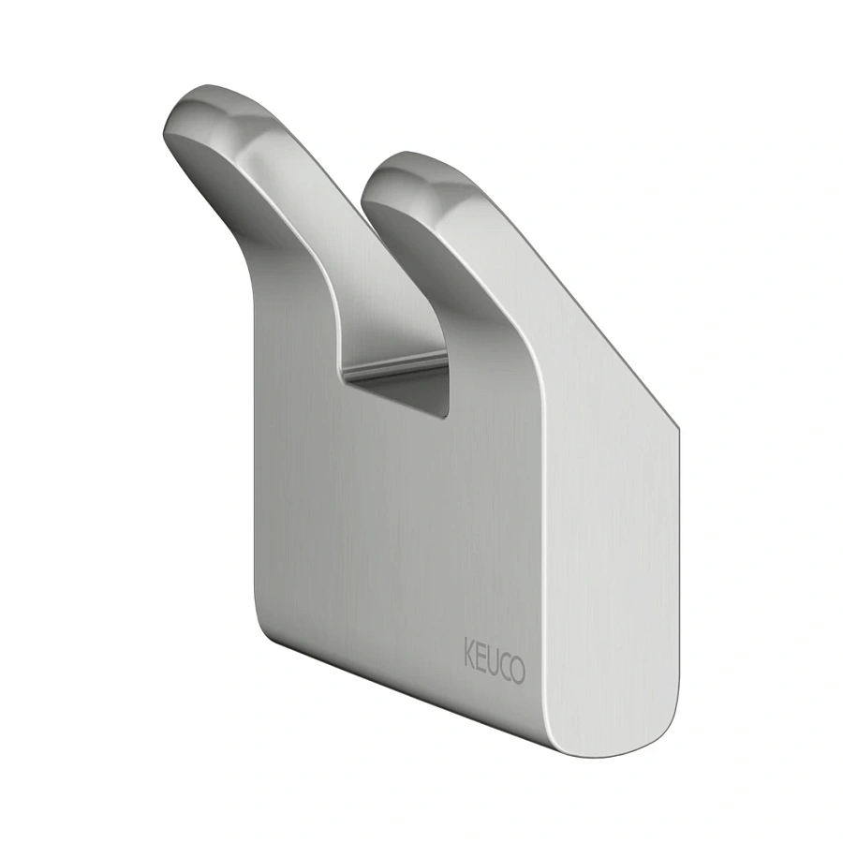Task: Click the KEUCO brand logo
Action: [494, 660]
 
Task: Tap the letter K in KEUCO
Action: [469, 652]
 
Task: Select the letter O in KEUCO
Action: [518, 670]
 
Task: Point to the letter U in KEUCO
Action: [492, 660]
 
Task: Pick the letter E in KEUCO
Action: [480, 656]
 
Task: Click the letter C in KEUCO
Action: [505, 666]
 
